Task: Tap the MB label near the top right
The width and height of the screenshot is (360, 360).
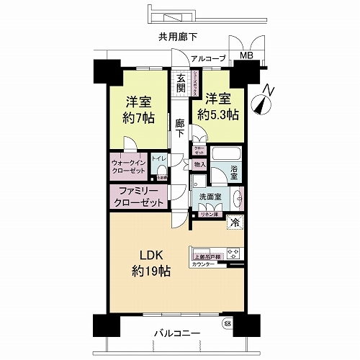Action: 246,56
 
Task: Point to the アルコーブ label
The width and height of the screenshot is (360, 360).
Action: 210,58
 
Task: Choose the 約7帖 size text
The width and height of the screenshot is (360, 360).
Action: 137,119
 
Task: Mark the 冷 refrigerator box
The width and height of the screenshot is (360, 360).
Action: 233,222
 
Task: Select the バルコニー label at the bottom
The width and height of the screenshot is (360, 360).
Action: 176,333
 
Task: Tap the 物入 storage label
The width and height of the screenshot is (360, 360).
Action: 199,165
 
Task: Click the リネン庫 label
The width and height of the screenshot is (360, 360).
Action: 209,215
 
